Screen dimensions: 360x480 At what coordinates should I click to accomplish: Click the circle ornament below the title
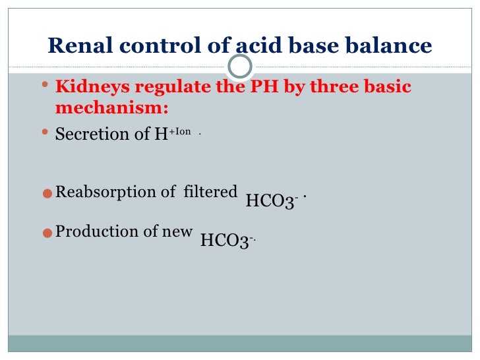pos(240,66)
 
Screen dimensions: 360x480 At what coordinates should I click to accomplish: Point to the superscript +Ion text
pos(179,131)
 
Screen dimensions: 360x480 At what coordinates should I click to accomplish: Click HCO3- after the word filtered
pos(272,200)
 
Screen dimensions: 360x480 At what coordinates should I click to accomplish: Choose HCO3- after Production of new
pos(226,241)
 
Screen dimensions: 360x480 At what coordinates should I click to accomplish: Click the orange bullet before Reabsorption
pos(46,194)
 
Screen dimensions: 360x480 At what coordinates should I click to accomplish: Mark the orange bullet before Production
pos(46,233)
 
